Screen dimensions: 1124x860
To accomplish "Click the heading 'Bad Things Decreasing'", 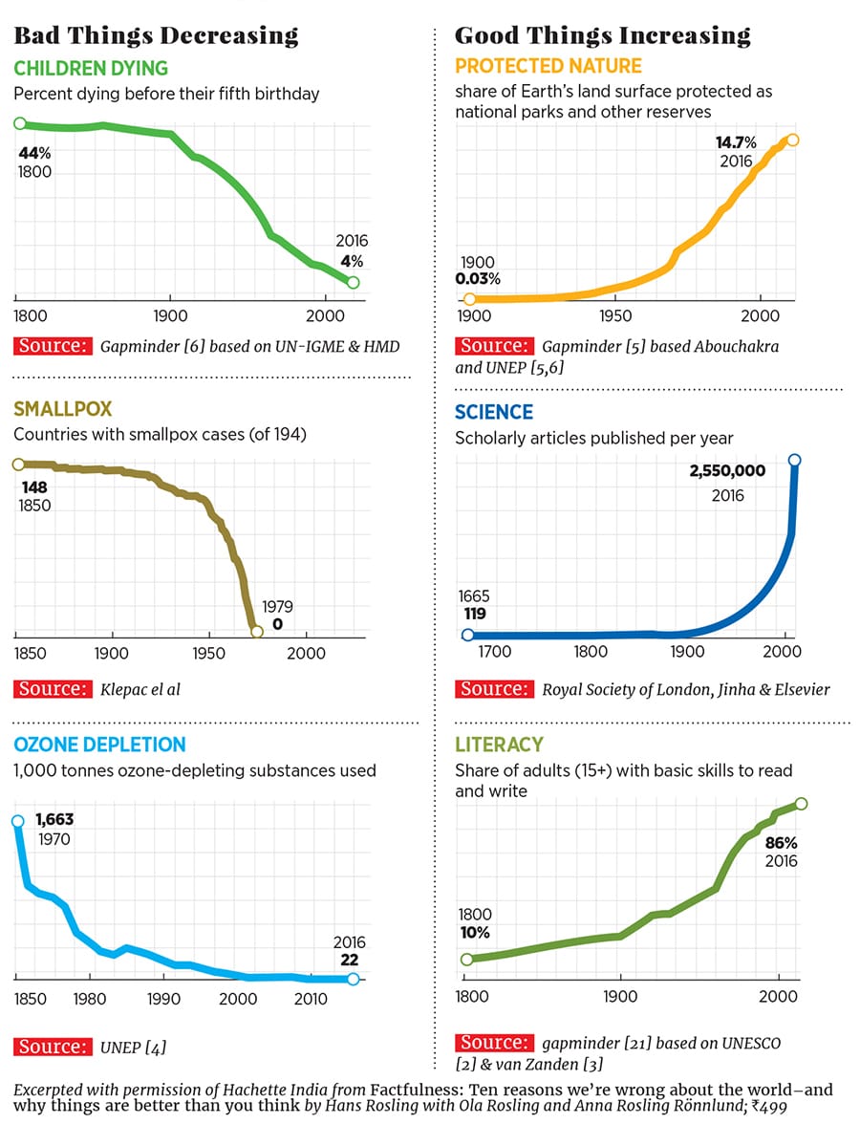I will [156, 36].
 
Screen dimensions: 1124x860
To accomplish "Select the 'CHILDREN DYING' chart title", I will [91, 68].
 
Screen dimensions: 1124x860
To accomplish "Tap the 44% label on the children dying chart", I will [32, 153].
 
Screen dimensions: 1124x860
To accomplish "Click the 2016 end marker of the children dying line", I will [353, 282].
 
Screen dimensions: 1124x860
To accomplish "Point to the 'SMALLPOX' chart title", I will [63, 408].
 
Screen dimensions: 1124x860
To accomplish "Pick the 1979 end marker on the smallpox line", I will [256, 632].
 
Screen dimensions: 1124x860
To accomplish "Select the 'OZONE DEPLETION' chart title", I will [100, 745].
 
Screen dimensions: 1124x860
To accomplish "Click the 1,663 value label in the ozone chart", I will [54, 819].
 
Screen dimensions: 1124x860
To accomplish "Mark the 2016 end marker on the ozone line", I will [354, 979].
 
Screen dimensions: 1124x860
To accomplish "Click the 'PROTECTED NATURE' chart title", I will [548, 67].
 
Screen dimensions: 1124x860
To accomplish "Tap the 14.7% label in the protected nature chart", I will [736, 143].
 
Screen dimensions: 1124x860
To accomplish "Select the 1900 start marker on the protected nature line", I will [468, 300].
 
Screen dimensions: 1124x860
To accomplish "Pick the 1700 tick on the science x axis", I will [495, 653].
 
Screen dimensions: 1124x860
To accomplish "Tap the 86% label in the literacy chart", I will [781, 843].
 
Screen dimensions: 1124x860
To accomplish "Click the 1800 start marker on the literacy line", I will [467, 960].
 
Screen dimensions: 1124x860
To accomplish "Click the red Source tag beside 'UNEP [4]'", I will [54, 1047].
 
